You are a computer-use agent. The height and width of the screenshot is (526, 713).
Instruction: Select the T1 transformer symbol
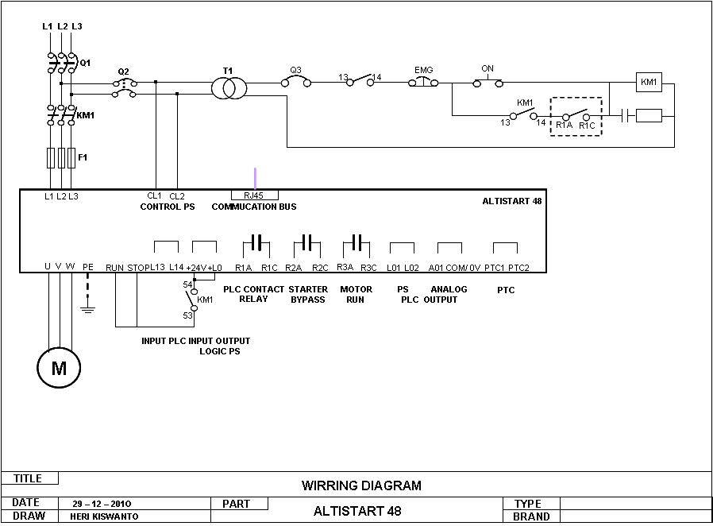[x=229, y=88]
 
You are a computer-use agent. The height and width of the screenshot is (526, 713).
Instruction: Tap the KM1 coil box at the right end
[x=649, y=83]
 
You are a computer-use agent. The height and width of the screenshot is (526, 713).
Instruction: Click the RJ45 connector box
[x=255, y=195]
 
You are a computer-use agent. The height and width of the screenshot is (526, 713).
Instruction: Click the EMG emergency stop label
[x=423, y=70]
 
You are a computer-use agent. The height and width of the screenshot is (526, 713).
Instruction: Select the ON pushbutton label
[x=488, y=68]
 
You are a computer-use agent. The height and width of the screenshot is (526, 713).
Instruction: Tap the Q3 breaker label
[x=295, y=70]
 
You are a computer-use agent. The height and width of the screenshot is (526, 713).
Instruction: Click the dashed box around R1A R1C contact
[x=576, y=98]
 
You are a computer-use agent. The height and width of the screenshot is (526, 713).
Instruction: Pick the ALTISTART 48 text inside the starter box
[x=512, y=201]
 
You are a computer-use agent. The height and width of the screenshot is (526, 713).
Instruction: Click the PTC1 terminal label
[x=495, y=268]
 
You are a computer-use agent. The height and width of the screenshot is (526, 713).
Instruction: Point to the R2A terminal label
[x=293, y=268]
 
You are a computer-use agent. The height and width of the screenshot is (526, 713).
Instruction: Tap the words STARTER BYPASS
[x=308, y=295]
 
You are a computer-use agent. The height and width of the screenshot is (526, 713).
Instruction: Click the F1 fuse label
[x=83, y=157]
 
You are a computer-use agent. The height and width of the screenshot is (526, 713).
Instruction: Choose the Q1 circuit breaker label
[x=85, y=63]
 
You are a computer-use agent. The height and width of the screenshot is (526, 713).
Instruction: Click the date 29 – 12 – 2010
[x=102, y=504]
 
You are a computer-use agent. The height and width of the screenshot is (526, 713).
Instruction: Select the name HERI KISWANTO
[x=104, y=516]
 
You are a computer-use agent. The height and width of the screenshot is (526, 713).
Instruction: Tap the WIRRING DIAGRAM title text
[x=361, y=485]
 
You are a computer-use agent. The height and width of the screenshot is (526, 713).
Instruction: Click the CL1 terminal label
[x=154, y=195]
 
